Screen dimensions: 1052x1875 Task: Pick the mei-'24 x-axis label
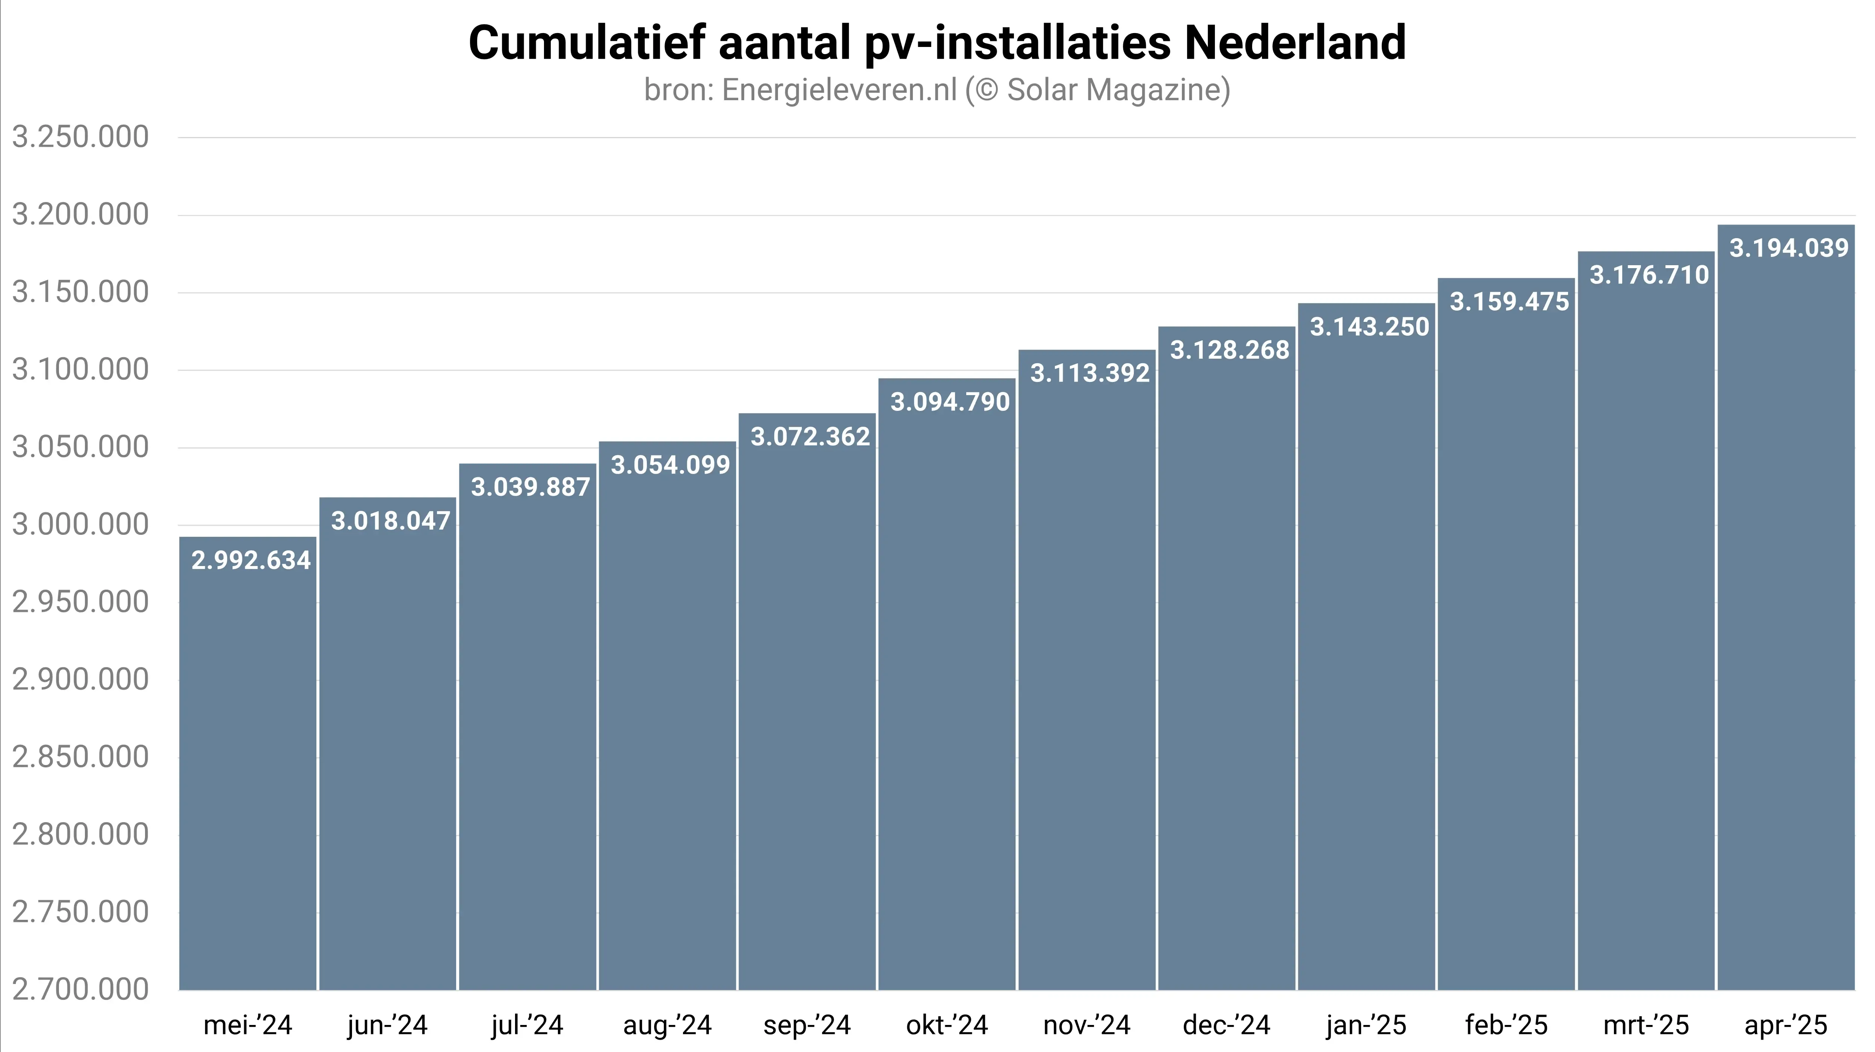[x=248, y=1025]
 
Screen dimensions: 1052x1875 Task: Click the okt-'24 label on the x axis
[x=947, y=1025]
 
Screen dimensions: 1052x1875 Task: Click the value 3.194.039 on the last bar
[x=1788, y=248]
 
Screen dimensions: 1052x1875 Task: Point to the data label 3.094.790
[x=950, y=401]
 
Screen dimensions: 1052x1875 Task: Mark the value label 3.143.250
[x=1369, y=327]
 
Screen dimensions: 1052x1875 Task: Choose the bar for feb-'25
[x=1506, y=655]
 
